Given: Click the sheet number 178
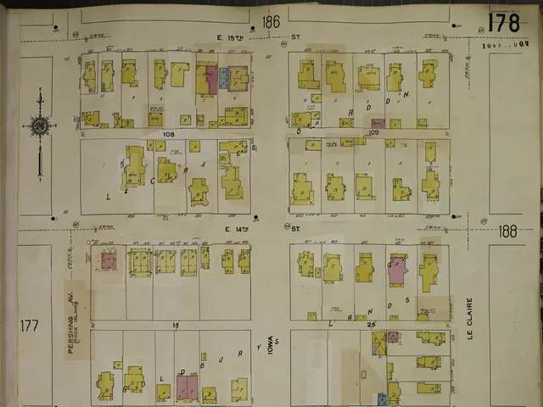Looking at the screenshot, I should tap(503, 22).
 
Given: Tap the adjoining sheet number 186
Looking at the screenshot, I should tap(271, 21).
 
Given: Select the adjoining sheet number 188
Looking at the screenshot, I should tap(507, 231).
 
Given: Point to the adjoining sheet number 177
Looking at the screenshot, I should tap(30, 325).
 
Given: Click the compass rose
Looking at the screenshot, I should tap(40, 127).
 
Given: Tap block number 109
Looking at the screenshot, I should tap(373, 133).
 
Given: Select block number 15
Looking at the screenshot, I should tap(175, 325).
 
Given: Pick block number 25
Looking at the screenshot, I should tap(371, 325).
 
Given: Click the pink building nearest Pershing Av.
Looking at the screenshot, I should tap(109, 261).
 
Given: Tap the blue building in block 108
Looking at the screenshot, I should tap(223, 79).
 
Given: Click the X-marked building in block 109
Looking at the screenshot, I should tap(346, 123).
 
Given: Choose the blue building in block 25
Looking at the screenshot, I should tap(382, 397).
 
